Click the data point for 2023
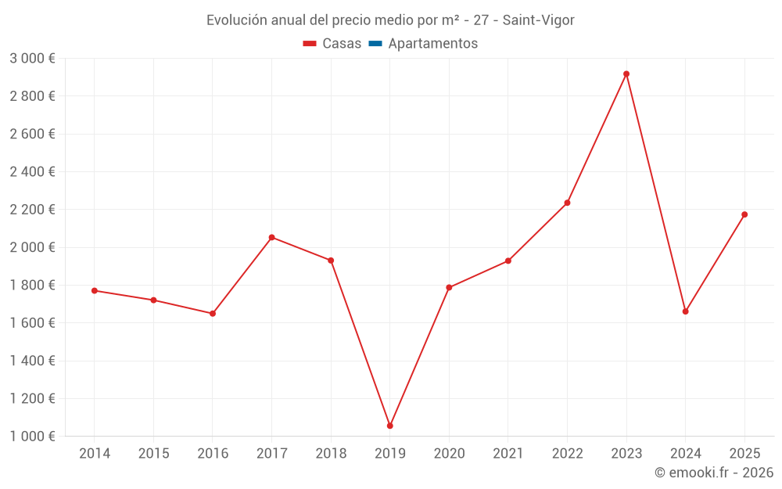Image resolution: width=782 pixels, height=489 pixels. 626,74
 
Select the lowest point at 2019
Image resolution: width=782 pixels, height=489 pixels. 389,426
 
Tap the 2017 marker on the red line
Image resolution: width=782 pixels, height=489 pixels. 271,237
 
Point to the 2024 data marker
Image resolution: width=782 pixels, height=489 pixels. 685,311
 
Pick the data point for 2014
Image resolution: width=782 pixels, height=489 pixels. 95,290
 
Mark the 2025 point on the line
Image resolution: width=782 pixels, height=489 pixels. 744,214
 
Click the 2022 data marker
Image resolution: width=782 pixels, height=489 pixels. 567,203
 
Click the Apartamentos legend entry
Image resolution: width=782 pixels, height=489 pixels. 432,44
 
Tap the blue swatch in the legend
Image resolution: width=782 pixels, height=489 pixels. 375,44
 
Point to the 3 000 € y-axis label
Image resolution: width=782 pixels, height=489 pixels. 32,59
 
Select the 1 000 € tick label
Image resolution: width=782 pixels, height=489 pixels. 32,437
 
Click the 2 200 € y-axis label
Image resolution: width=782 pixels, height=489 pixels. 32,210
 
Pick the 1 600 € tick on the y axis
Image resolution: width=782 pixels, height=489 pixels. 32,323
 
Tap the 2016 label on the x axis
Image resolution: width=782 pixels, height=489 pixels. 213,454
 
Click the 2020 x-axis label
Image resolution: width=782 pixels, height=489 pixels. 449,454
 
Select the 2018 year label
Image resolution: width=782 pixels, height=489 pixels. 331,454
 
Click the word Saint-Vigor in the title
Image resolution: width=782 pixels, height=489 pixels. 539,20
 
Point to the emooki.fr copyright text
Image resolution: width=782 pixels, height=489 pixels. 714,473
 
